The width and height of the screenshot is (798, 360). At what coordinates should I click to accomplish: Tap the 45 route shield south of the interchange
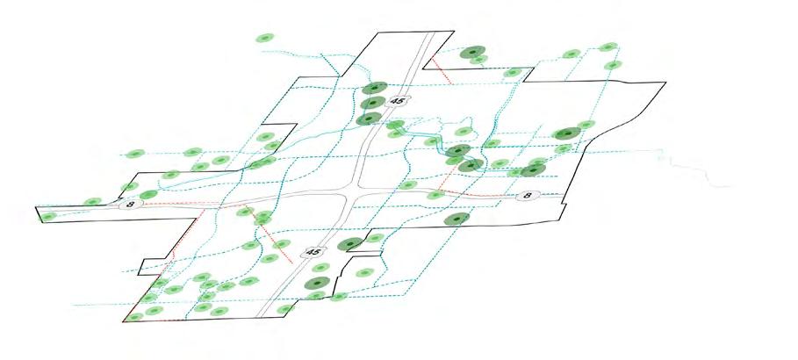tap(315, 252)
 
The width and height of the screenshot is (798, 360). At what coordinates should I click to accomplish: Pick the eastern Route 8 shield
tap(527, 195)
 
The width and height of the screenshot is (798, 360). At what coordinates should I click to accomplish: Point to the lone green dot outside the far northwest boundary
tap(263, 39)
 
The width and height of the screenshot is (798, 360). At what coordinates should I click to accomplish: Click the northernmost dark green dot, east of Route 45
tap(473, 54)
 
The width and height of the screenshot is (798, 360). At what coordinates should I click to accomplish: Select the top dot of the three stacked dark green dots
tap(375, 89)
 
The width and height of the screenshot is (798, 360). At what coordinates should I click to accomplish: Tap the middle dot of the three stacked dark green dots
tap(372, 104)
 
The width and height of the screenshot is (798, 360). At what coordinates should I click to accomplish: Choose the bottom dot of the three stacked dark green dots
tap(370, 118)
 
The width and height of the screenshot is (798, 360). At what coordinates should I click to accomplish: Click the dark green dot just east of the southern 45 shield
tap(351, 244)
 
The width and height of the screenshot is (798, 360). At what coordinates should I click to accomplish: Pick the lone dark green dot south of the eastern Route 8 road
tap(455, 220)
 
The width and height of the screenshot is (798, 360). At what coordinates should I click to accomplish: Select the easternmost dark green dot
tap(566, 133)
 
